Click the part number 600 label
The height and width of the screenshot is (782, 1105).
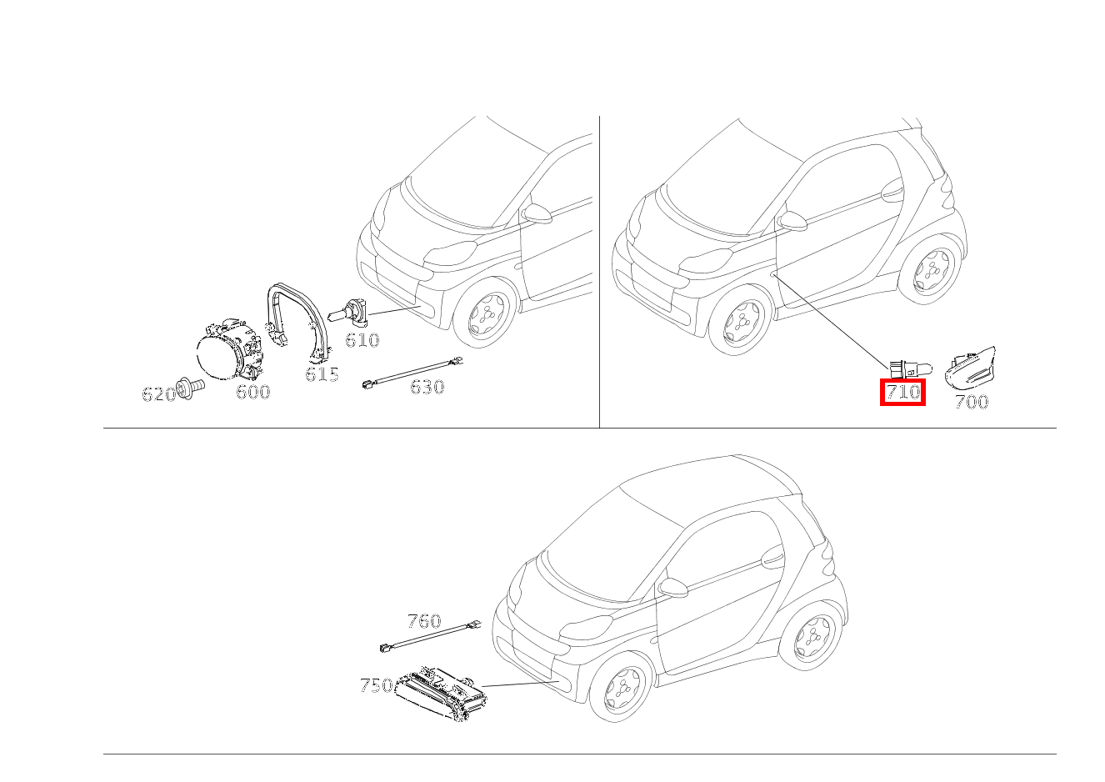coord(252,392)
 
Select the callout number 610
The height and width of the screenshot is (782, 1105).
coord(362,340)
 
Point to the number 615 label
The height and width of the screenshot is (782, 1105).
coord(322,374)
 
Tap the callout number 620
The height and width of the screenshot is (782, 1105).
coord(158,394)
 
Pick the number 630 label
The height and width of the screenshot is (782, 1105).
coord(427,387)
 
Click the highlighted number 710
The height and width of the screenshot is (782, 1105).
coord(903,391)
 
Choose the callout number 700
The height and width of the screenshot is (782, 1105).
coord(971,403)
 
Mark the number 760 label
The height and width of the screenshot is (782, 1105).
coord(424,621)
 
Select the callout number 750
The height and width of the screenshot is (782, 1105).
coord(376,686)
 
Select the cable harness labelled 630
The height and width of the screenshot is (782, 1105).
coord(412,372)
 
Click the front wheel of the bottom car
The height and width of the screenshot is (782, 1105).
coord(621,686)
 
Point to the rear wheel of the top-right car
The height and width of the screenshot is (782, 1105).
coord(931,269)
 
